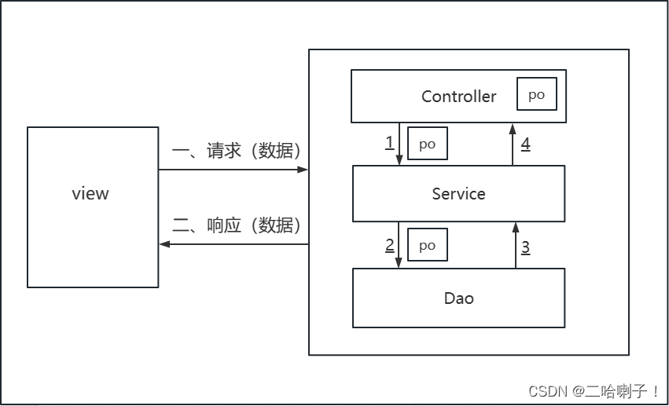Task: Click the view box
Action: pyautogui.click(x=93, y=207)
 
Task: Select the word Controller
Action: pyautogui.click(x=458, y=97)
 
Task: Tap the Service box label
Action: pyautogui.click(x=458, y=194)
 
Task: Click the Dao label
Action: pyautogui.click(x=458, y=298)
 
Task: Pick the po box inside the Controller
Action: pyautogui.click(x=536, y=94)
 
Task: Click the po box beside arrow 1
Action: pyautogui.click(x=427, y=144)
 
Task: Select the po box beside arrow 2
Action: pyautogui.click(x=427, y=245)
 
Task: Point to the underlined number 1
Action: pyautogui.click(x=389, y=143)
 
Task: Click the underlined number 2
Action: pyautogui.click(x=389, y=245)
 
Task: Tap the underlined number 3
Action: pyautogui.click(x=525, y=247)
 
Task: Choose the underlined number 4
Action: pyautogui.click(x=525, y=144)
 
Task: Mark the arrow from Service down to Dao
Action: pyautogui.click(x=399, y=245)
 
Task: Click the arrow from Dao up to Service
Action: pyautogui.click(x=515, y=245)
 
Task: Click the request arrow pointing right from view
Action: pyautogui.click(x=233, y=169)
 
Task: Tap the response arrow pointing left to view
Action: pyautogui.click(x=233, y=244)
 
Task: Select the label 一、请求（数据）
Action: pyautogui.click(x=236, y=151)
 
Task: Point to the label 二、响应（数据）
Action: pyautogui.click(x=236, y=226)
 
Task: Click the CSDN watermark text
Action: pyautogui.click(x=594, y=391)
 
